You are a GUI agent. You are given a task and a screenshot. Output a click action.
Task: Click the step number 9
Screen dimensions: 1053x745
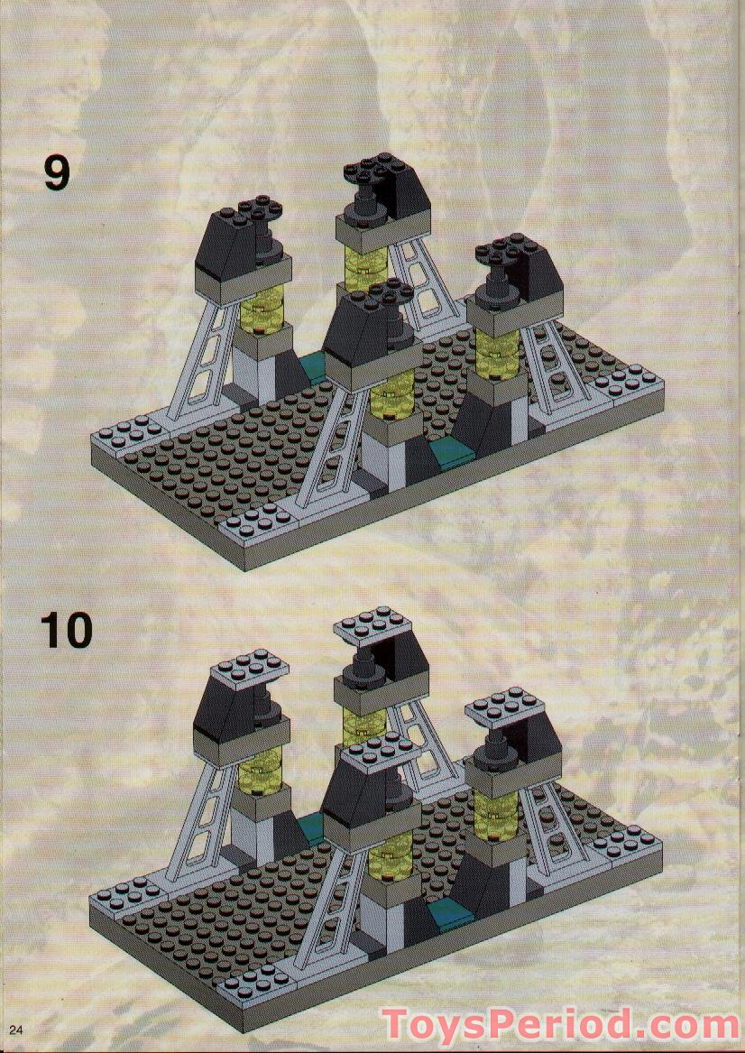(56, 172)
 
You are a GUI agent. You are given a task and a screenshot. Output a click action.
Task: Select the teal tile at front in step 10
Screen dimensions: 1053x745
(446, 914)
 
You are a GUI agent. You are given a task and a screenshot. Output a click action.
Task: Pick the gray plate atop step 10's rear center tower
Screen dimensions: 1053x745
(372, 623)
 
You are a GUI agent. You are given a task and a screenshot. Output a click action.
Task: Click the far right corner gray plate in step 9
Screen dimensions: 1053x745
(630, 382)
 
